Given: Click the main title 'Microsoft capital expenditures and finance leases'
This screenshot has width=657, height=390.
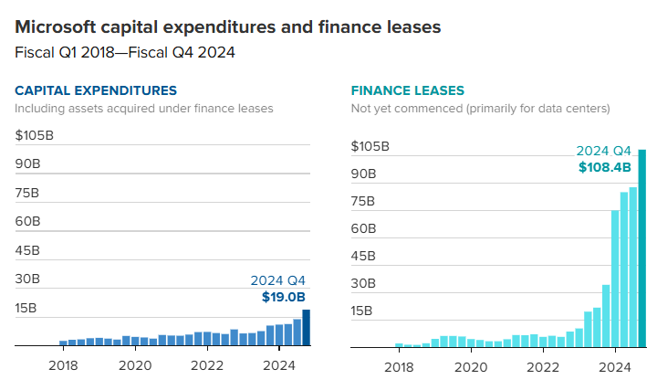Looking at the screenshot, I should coord(228,27).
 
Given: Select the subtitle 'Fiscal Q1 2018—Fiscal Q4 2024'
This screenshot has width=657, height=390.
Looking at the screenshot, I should coord(125,52).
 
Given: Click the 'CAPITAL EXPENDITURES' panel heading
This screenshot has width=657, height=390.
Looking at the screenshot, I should coord(96,90).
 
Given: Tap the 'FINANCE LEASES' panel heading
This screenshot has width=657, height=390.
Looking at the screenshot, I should coord(408,90).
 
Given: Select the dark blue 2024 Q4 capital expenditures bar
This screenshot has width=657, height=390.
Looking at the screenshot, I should coord(307,328).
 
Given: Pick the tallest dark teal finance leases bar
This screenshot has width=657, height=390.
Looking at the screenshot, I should coord(642,248).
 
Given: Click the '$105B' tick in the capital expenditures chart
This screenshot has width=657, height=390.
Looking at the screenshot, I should coord(34,135).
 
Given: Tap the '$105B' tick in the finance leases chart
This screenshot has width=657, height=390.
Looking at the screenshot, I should coord(371,146).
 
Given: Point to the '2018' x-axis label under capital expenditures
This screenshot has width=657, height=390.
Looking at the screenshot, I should coord(63,366).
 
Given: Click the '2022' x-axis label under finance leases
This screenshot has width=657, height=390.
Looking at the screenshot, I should coord(543,366).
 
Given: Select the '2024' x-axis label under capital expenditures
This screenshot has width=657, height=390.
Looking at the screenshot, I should coord(280,366).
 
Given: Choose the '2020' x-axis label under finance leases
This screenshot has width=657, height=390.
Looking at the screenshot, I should coord(471,366).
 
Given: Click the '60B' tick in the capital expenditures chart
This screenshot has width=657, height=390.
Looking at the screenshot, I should coord(27,221).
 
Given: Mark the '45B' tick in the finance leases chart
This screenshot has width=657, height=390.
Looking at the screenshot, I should coord(365,256).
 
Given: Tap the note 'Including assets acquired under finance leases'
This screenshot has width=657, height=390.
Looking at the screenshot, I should coord(144,109).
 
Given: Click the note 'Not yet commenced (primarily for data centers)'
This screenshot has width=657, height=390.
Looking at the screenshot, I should coord(480,109).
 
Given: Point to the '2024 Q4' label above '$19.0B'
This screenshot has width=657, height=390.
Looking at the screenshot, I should coord(277,280).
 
